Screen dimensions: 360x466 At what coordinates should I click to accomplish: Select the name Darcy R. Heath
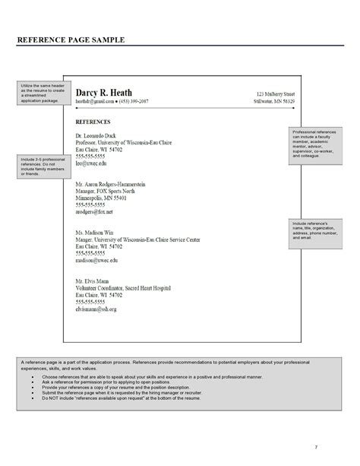[x=103, y=91]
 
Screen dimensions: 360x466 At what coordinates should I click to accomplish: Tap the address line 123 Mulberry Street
[x=275, y=92]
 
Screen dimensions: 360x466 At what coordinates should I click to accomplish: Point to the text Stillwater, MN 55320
[x=276, y=101]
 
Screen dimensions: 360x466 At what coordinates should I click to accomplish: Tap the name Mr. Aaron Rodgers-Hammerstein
[x=111, y=185]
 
